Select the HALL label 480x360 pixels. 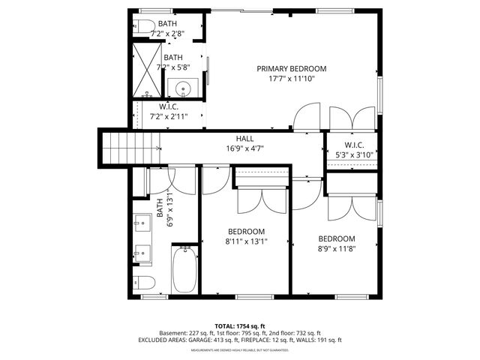tap(244, 139)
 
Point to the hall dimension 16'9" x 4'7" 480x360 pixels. tap(244, 148)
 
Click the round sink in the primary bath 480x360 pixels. tap(184, 90)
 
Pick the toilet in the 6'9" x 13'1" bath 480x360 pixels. tap(145, 283)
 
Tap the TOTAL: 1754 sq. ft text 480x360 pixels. tap(239, 326)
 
